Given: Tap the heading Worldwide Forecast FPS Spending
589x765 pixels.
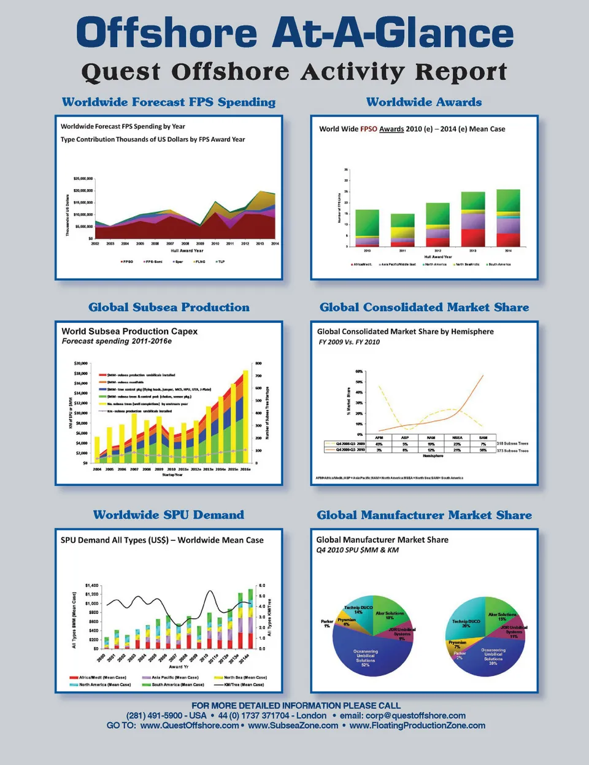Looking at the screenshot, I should [169, 102].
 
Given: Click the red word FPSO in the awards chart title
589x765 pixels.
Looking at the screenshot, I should [369, 129].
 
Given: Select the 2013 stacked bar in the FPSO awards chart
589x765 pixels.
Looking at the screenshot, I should [473, 219].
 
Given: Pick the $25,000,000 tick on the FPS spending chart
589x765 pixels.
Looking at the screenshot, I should [83, 179].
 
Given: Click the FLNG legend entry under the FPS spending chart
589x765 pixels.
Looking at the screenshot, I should [199, 262].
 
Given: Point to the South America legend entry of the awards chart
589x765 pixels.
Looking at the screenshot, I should [498, 265].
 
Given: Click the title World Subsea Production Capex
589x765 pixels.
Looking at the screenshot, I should [129, 331].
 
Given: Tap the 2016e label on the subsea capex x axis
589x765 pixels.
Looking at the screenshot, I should [245, 469].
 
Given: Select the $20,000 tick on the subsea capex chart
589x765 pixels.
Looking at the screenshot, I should [80, 363].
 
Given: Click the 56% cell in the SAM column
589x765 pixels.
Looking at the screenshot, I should [483, 450].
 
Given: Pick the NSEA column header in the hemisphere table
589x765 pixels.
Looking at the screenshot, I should [456, 438].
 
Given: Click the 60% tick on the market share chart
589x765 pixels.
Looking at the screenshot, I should [359, 371].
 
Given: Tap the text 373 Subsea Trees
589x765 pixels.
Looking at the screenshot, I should [512, 451].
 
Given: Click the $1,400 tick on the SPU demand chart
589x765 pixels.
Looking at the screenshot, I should [91, 586].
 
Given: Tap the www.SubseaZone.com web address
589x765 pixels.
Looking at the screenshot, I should [293, 725].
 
